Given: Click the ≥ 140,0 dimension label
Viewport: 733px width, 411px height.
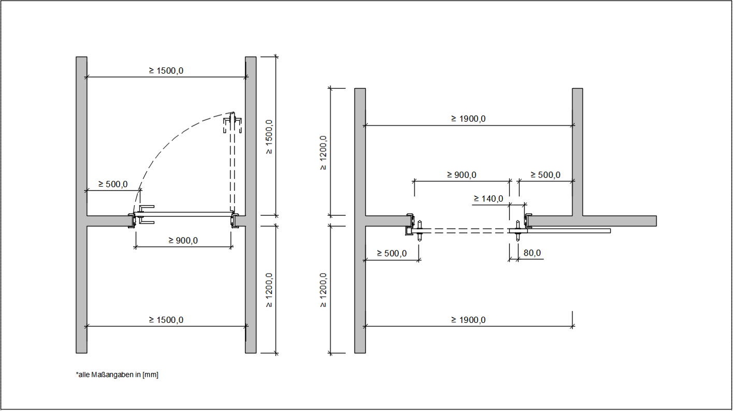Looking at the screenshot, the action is (x=488, y=199).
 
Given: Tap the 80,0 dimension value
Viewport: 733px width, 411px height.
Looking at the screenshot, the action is (x=532, y=253).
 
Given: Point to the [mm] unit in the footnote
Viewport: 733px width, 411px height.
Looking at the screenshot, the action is (x=151, y=375).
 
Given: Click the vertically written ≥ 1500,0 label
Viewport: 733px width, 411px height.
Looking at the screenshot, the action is (x=269, y=137).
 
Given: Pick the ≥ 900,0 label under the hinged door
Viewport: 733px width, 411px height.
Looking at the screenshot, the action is (x=183, y=240).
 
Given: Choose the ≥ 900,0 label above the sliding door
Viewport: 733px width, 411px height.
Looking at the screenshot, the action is (x=462, y=175).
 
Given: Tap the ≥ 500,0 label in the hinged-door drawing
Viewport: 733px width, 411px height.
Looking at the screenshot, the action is (x=113, y=185).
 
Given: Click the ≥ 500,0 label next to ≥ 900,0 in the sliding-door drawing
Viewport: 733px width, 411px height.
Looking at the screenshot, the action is (x=545, y=175).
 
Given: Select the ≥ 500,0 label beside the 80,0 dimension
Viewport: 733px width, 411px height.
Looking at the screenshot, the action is (x=392, y=253).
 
